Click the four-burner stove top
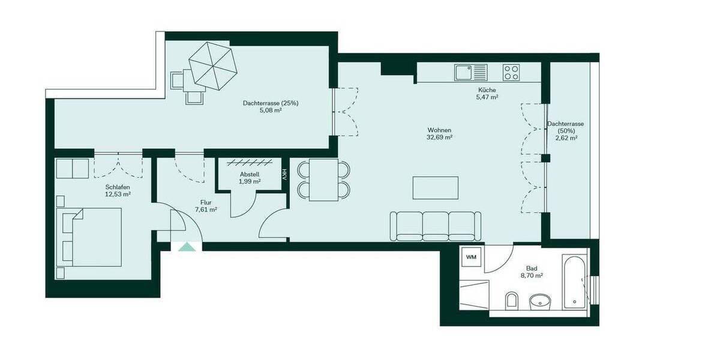(511, 73)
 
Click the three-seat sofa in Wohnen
(435, 226)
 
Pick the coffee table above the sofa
(436, 188)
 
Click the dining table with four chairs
(324, 180)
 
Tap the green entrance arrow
(187, 246)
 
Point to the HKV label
(284, 174)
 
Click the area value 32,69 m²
(440, 137)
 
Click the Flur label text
(206, 202)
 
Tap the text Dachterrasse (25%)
(271, 103)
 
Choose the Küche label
(487, 90)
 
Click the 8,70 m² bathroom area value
(531, 276)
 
